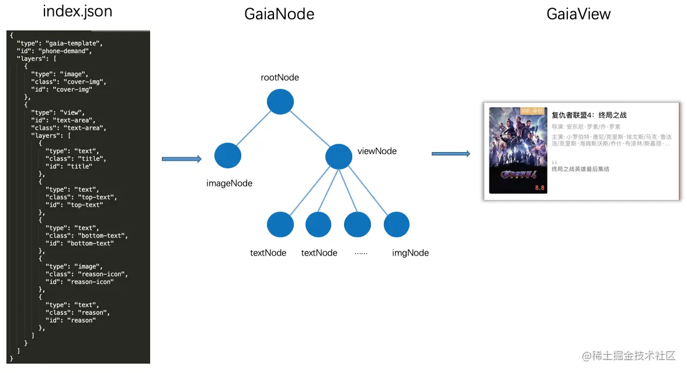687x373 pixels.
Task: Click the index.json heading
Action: (x=78, y=12)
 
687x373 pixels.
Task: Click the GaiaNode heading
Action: (x=279, y=14)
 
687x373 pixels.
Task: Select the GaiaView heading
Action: (x=578, y=14)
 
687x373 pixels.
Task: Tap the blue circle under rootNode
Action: (x=280, y=102)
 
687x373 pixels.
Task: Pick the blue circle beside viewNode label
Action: (x=338, y=156)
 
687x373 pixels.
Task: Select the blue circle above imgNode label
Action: (x=396, y=225)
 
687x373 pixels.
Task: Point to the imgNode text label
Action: (x=410, y=253)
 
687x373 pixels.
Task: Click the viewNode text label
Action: (x=377, y=151)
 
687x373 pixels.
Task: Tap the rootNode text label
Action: (x=280, y=78)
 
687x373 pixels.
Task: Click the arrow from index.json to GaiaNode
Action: (x=181, y=159)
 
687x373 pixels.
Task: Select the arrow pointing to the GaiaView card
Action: (x=450, y=154)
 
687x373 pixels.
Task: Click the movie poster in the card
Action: (x=518, y=150)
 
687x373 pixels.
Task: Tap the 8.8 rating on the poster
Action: (x=539, y=188)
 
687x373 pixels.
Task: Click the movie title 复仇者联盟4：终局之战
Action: (x=589, y=115)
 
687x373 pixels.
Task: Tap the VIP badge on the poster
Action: (x=532, y=110)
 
